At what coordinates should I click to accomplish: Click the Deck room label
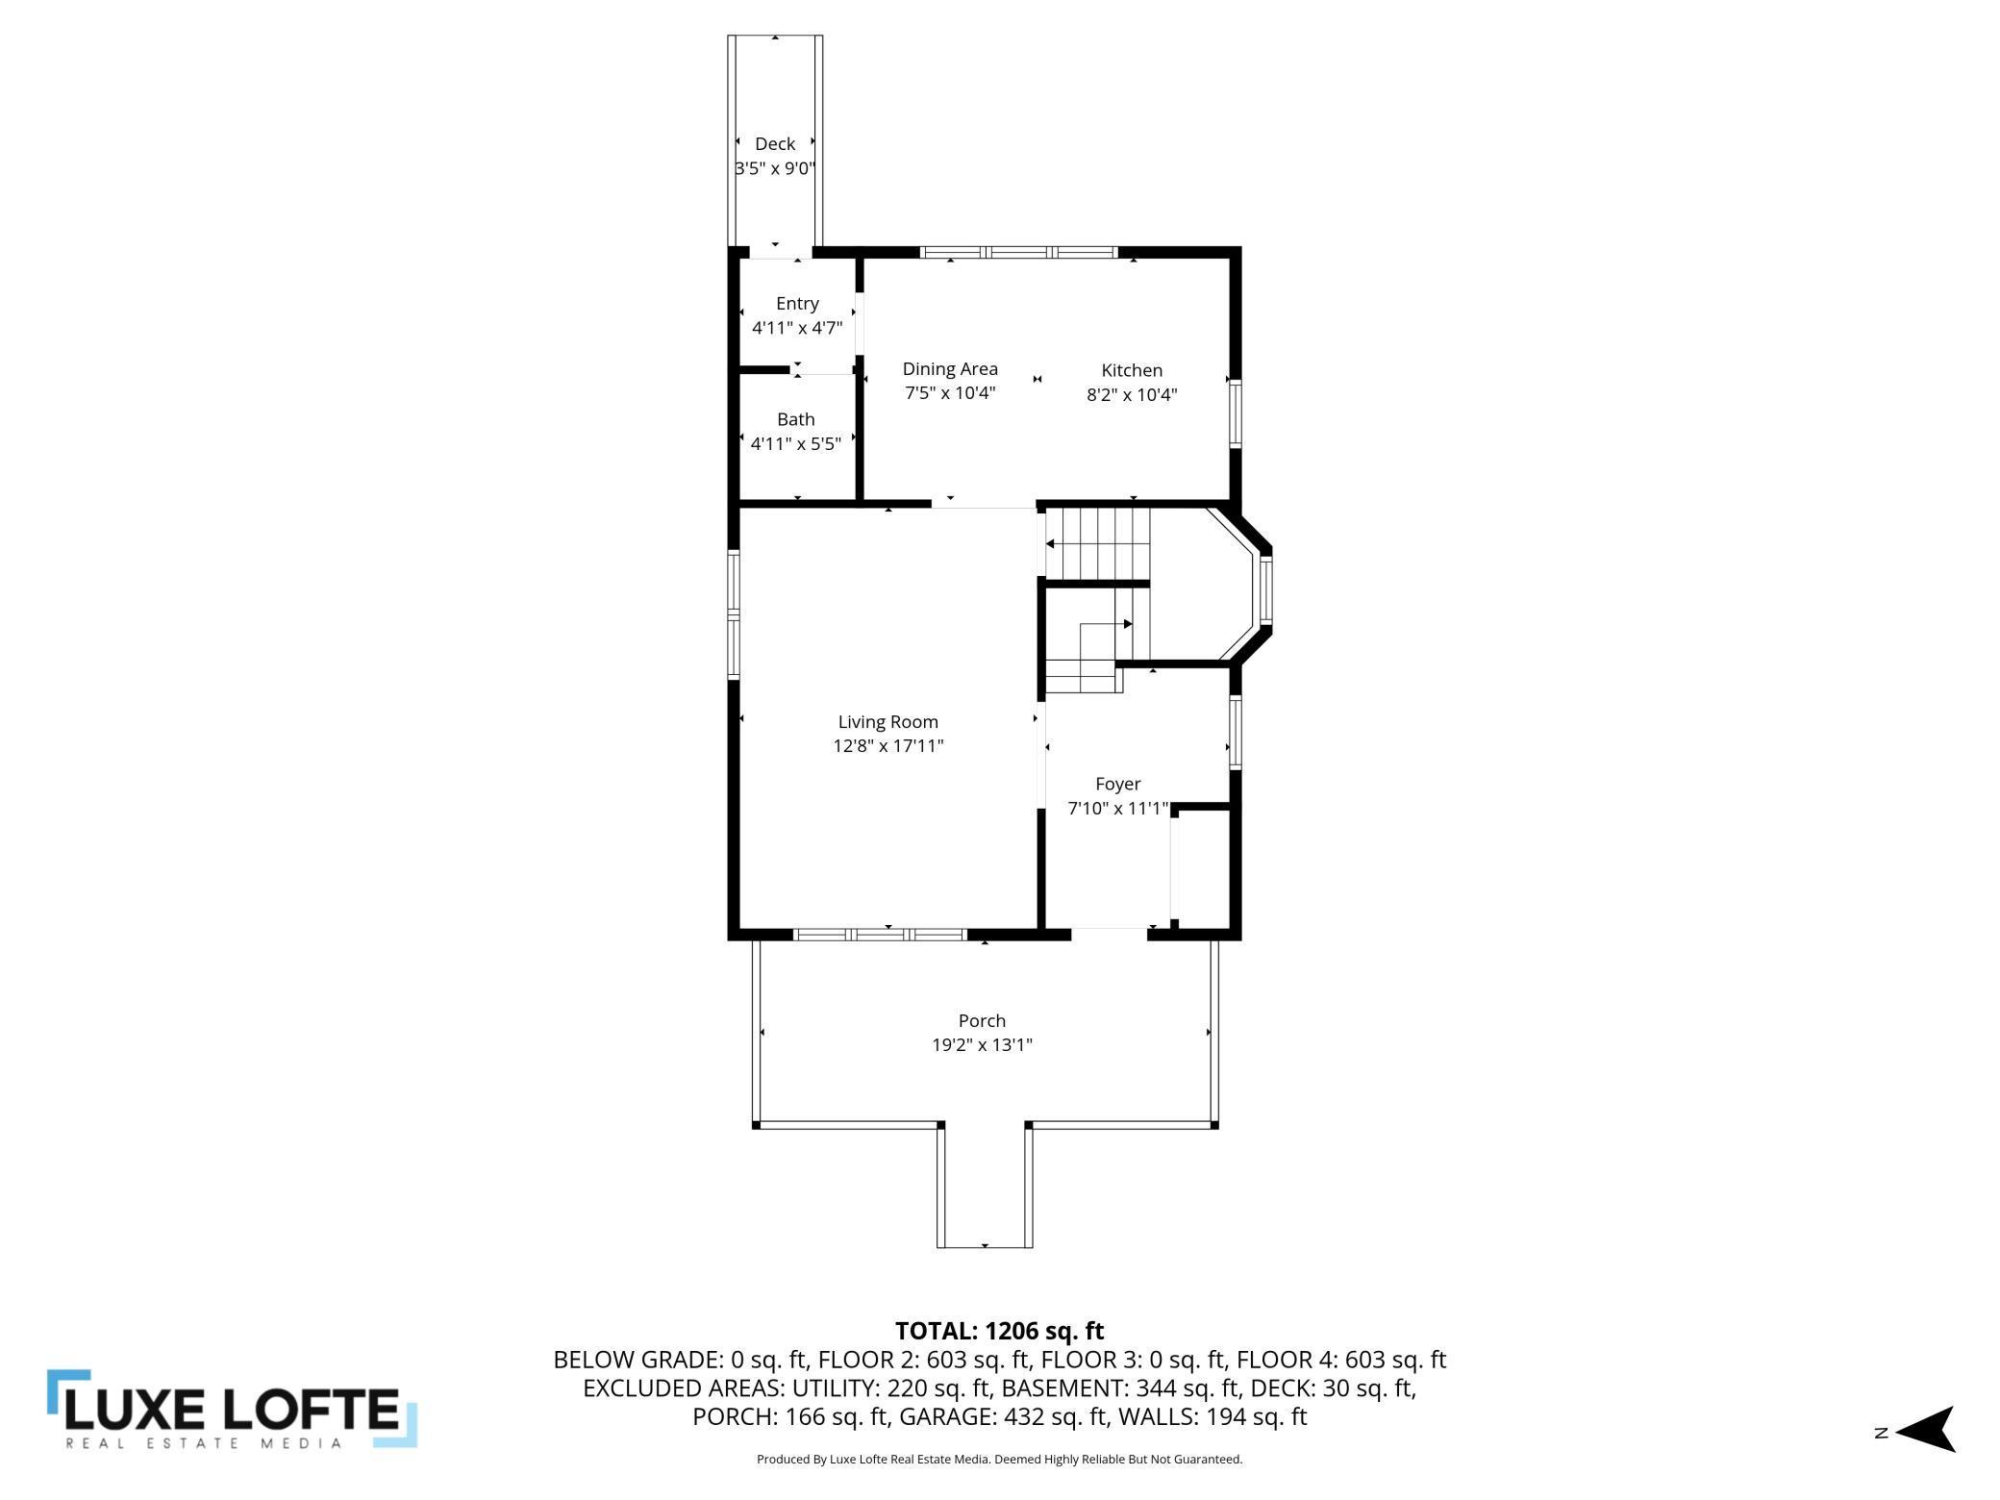pos(775,144)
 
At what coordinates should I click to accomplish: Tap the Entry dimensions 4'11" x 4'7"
pos(797,328)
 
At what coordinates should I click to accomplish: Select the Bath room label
pos(796,419)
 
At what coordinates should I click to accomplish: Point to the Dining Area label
pos(950,369)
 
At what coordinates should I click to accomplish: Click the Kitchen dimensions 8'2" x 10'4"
pos(1132,394)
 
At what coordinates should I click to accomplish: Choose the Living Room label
pos(887,722)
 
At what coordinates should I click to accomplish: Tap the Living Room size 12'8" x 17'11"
pos(888,746)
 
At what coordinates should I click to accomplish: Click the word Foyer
pos(1117,785)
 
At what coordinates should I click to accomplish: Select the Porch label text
pos(982,1021)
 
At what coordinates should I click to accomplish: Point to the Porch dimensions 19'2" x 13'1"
pos(982,1045)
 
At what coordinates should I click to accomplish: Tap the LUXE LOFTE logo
pos(232,1410)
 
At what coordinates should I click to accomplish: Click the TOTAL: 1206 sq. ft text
pos(1000,1331)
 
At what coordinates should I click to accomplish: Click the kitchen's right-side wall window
pos(1236,413)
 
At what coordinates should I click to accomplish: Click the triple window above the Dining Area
pos(1019,253)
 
